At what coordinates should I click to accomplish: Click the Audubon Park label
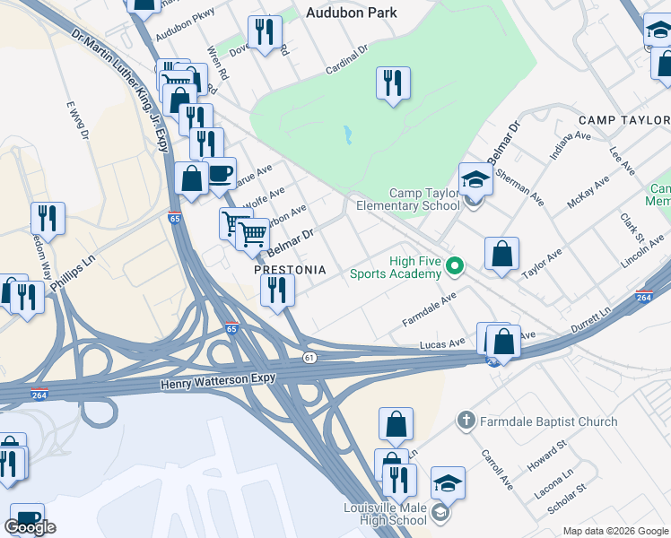tap(351, 13)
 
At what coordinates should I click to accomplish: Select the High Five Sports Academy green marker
tap(455, 266)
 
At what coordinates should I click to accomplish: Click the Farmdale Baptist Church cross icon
tap(466, 421)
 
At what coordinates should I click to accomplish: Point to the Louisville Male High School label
tap(386, 514)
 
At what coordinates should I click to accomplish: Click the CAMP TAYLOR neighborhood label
tap(622, 120)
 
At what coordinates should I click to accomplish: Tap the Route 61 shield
tap(309, 358)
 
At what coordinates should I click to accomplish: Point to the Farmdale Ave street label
tap(430, 308)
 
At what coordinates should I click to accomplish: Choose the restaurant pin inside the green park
tap(393, 84)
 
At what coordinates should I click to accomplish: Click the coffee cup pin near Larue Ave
tap(220, 173)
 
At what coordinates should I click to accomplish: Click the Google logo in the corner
tap(30, 527)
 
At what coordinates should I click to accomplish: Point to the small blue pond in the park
tap(346, 135)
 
